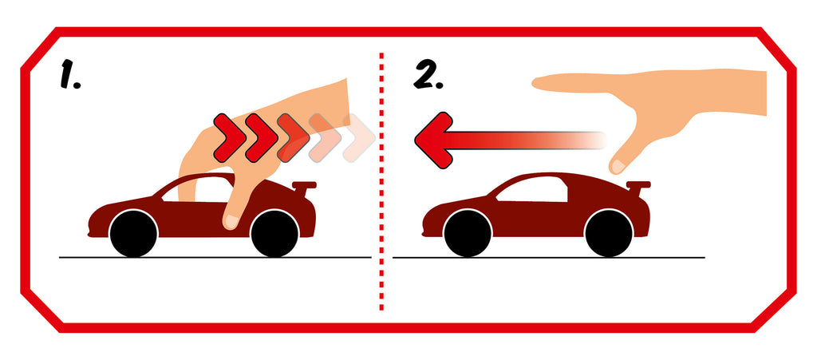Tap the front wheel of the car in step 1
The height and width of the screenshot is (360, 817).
[x=133, y=233]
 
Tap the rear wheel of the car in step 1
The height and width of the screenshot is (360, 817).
[x=274, y=233]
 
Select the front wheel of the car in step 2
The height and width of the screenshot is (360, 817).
[x=468, y=233]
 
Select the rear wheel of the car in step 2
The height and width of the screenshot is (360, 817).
[x=609, y=233]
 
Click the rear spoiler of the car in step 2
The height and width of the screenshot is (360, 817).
[x=637, y=188]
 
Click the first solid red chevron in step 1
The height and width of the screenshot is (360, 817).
[x=229, y=137]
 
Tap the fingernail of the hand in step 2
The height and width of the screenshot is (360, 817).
[x=618, y=167]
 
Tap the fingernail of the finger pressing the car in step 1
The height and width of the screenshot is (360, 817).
[x=231, y=223]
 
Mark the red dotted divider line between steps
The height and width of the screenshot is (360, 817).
[x=381, y=181]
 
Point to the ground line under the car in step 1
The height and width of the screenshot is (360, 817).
[x=215, y=257]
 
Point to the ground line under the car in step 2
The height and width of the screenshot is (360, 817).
[x=549, y=257]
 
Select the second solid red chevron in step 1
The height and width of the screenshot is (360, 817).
[x=261, y=137]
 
